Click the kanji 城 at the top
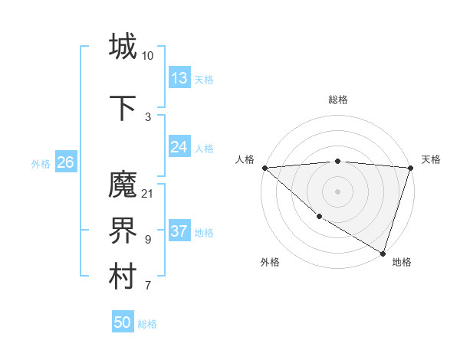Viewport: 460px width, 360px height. [123, 47]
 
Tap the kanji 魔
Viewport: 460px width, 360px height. [123, 185]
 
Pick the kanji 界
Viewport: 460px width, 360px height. [123, 231]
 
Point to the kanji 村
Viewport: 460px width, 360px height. [123, 277]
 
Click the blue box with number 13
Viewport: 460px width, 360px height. [179, 78]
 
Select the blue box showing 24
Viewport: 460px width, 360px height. [179, 147]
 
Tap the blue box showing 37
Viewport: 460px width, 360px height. [179, 231]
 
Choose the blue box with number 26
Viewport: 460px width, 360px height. [66, 162]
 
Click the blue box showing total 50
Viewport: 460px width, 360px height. [123, 322]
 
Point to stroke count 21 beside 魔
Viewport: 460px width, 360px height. [147, 193]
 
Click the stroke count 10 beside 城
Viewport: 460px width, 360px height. [147, 55]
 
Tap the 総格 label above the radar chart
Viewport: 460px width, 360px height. [338, 100]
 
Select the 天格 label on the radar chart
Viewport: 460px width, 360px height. [431, 159]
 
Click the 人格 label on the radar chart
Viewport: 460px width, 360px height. [245, 159]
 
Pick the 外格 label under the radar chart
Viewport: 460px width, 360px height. [270, 262]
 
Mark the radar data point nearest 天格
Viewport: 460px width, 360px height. [410, 168]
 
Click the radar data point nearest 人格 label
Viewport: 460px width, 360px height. [264, 168]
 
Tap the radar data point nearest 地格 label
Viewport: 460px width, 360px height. [383, 253]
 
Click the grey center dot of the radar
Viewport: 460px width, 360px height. [337, 191]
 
